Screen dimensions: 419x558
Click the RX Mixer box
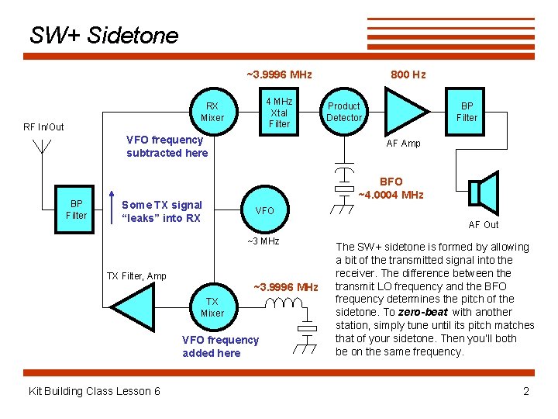[x=212, y=112]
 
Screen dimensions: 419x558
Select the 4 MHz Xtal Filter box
[x=279, y=112]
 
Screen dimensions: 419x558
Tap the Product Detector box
[x=343, y=112]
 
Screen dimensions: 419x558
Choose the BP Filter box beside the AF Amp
[x=467, y=112]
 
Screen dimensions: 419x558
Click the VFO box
[x=264, y=210]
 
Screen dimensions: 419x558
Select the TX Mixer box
[x=212, y=307]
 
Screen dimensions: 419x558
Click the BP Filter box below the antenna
[x=76, y=209]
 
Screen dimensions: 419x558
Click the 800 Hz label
[x=408, y=74]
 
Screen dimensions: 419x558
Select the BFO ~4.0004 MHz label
[x=391, y=188]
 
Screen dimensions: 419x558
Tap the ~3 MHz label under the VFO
[x=263, y=241]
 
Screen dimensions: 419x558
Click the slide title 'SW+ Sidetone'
[x=104, y=35]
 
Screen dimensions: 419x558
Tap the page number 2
[x=526, y=391]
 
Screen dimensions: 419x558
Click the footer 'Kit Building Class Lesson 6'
[x=94, y=391]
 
